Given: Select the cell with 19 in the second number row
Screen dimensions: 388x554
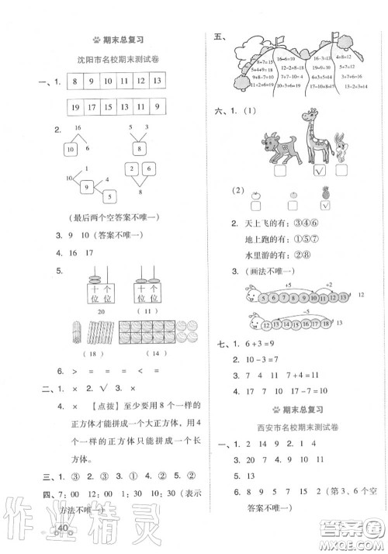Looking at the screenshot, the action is (74, 107).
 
